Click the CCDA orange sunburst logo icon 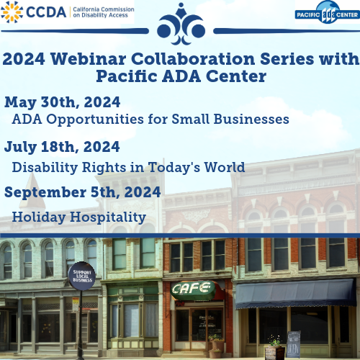[x=13, y=12]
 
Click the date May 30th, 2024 [x=62, y=102]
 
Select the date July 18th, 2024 [x=62, y=147]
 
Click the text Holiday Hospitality [x=79, y=217]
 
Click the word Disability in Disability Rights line [x=47, y=167]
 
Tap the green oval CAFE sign [x=192, y=289]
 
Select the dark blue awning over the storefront [x=295, y=292]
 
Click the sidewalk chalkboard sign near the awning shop [x=294, y=343]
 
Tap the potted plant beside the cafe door [x=215, y=345]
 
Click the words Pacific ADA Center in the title [x=180, y=76]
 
